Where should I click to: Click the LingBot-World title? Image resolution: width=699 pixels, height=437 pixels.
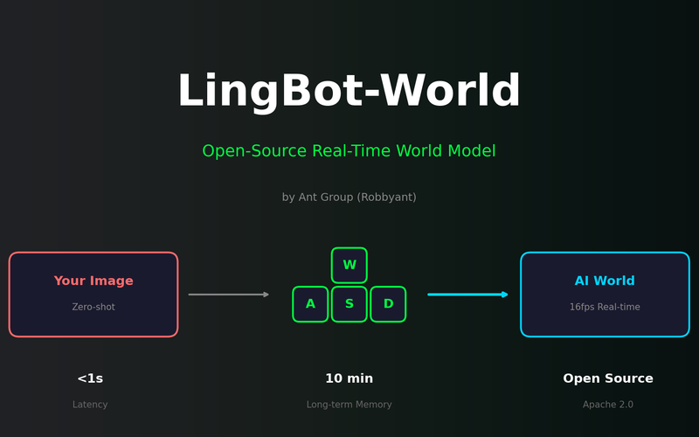point(349,93)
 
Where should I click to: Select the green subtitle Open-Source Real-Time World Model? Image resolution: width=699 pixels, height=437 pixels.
point(349,151)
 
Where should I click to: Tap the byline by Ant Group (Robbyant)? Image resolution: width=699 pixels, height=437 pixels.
point(349,198)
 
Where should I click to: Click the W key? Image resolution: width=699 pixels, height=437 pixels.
point(349,266)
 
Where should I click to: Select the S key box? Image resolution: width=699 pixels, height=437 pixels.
point(349,304)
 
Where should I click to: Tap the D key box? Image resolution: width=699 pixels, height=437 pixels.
point(388,304)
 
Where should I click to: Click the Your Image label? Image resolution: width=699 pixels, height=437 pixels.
point(93,281)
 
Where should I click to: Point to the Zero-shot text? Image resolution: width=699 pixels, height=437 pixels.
point(93,308)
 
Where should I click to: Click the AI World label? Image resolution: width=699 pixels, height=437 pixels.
point(605,281)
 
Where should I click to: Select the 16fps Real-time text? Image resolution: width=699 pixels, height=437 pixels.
point(605,308)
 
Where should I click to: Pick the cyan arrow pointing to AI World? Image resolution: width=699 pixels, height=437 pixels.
point(467,295)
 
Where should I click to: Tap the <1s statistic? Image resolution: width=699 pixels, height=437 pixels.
point(90,379)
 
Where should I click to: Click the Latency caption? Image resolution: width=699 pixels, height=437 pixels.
point(90,405)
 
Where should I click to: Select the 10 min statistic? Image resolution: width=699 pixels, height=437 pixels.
point(349,379)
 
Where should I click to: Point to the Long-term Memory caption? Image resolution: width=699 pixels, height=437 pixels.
point(349,405)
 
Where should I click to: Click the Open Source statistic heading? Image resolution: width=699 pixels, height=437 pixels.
point(608,379)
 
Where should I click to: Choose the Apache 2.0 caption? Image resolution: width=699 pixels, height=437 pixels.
point(608,405)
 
